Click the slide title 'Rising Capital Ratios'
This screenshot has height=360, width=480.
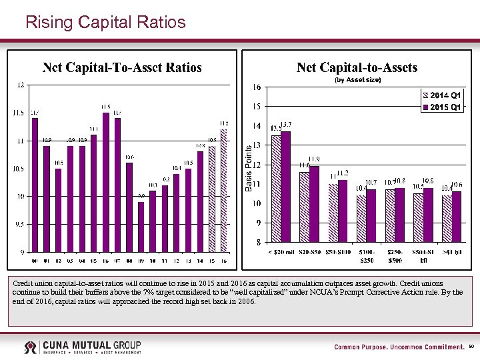[105, 22]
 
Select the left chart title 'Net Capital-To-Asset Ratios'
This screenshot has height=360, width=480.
[122, 67]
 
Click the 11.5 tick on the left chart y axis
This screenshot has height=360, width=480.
[19, 113]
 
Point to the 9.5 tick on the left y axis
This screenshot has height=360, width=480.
[19, 224]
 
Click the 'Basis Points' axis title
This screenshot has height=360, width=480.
[249, 169]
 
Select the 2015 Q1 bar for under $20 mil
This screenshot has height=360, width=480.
[286, 186]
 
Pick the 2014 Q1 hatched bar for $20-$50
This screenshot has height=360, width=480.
[304, 207]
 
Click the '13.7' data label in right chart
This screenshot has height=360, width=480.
[286, 125]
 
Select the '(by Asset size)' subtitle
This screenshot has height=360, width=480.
[357, 79]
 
